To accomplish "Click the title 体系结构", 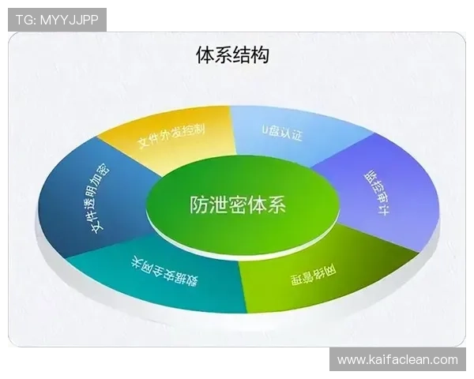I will (x=232, y=55).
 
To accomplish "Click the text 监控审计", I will (x=374, y=187).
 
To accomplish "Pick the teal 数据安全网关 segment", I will (x=158, y=272).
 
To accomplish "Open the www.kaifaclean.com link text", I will (x=397, y=360).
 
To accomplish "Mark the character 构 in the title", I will (x=260, y=55).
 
